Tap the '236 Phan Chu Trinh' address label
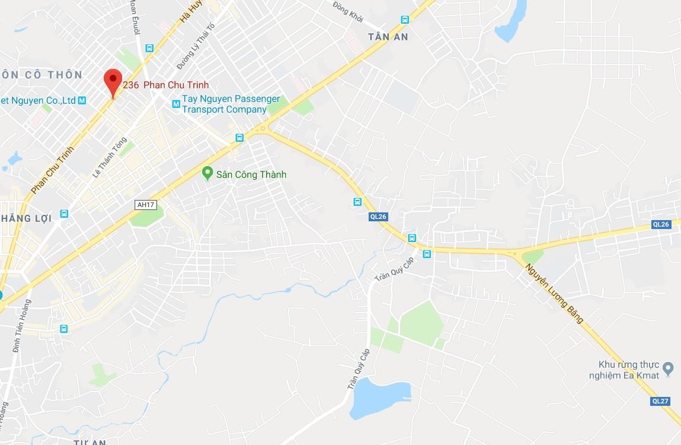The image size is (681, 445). (166, 85)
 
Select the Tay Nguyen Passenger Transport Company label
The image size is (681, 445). (231, 104)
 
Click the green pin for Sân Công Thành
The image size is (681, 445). (207, 173)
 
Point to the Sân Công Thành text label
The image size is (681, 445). (251, 174)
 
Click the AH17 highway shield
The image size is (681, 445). (145, 205)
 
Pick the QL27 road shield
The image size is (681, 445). (660, 401)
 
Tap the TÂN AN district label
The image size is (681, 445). (388, 37)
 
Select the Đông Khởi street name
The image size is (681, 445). (347, 9)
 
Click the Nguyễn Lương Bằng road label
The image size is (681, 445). (555, 293)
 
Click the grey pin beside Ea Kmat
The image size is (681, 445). (669, 368)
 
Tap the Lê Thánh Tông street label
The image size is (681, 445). (110, 158)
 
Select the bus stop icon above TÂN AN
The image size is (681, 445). (405, 20)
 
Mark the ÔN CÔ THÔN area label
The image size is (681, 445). (41, 75)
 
